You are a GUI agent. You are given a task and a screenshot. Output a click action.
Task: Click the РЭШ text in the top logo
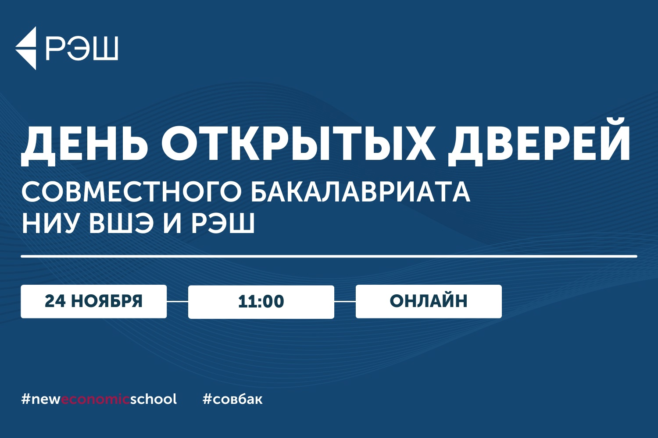(x=82, y=49)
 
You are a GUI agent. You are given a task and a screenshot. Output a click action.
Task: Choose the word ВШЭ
(x=121, y=223)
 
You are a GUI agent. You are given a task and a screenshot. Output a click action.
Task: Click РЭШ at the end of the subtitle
(x=223, y=223)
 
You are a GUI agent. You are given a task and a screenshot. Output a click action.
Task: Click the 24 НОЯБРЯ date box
(x=94, y=301)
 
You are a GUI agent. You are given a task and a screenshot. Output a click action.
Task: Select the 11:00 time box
(x=261, y=302)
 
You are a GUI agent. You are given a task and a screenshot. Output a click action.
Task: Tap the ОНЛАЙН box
(x=429, y=301)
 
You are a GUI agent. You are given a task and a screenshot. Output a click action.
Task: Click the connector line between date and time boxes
(x=177, y=301)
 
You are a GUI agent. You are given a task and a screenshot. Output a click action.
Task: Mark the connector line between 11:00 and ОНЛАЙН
(x=345, y=301)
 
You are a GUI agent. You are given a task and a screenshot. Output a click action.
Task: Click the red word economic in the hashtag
(x=96, y=399)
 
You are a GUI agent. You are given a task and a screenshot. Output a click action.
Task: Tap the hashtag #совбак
(x=232, y=399)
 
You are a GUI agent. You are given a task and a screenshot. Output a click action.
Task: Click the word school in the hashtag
(x=154, y=399)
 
